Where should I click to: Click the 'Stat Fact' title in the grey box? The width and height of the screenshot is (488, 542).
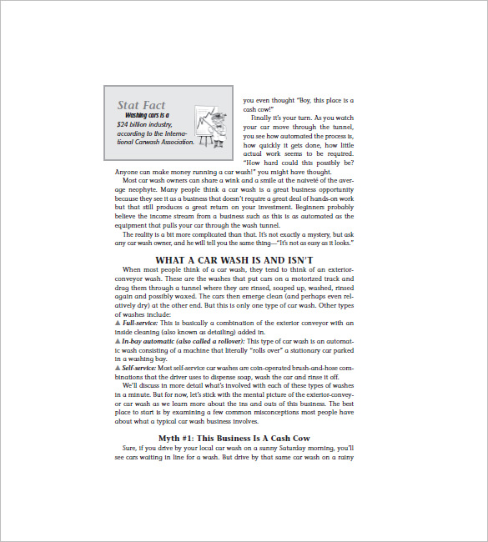[141, 105]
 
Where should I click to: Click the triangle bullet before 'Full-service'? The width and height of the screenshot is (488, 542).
[117, 322]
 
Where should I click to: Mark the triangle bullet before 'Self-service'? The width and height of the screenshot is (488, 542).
[117, 367]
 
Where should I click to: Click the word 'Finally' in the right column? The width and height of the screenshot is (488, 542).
[265, 118]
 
